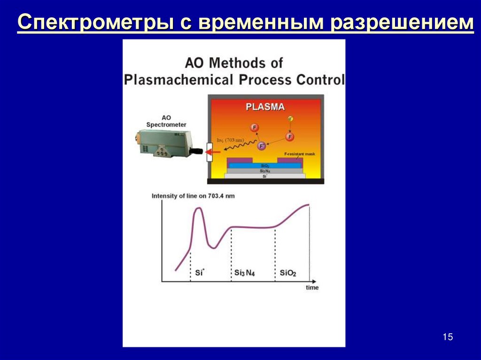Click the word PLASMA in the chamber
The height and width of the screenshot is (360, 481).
tap(265, 107)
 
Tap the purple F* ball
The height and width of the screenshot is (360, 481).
tap(262, 146)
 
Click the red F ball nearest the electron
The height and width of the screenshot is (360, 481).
tap(290, 137)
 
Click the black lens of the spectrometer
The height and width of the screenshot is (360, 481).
tap(196, 151)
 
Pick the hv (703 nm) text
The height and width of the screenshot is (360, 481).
tap(229, 139)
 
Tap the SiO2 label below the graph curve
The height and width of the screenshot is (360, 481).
tap(288, 273)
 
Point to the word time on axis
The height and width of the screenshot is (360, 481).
tap(312, 287)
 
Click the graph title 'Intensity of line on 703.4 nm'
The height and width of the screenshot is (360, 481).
tap(193, 196)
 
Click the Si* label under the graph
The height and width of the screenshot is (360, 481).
tap(199, 272)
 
